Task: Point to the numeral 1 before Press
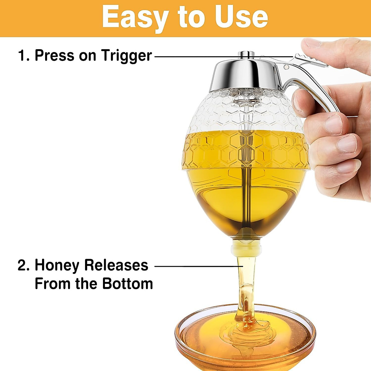pyautogui.click(x=22, y=56)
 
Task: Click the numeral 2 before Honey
pyautogui.click(x=22, y=266)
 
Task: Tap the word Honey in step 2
pyautogui.click(x=57, y=266)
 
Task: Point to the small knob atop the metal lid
pyautogui.click(x=246, y=54)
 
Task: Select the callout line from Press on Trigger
pyautogui.click(x=223, y=57)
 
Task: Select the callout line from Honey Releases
pyautogui.click(x=198, y=266)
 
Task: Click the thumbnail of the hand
pyautogui.click(x=312, y=43)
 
